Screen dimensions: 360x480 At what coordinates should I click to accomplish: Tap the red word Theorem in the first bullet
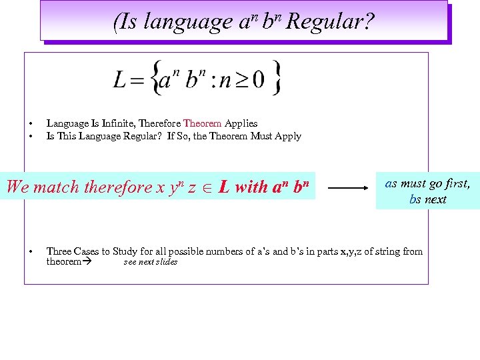[x=202, y=123]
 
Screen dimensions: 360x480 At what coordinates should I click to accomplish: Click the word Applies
[x=241, y=123]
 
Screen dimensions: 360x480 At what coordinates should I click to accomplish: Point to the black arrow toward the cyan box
[x=348, y=188]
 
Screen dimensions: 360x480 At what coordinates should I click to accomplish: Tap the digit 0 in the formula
[x=259, y=80]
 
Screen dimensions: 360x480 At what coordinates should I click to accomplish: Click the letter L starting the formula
[x=120, y=80]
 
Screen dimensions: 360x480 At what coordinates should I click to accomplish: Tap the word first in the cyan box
[x=453, y=183]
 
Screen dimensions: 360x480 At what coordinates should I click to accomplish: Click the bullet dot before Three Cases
[x=31, y=252]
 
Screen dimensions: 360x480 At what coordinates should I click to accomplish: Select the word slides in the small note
[x=167, y=262]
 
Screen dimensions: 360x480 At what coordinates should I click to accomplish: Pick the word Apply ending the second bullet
[x=288, y=136]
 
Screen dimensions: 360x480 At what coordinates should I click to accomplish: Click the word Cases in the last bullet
[x=85, y=251]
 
